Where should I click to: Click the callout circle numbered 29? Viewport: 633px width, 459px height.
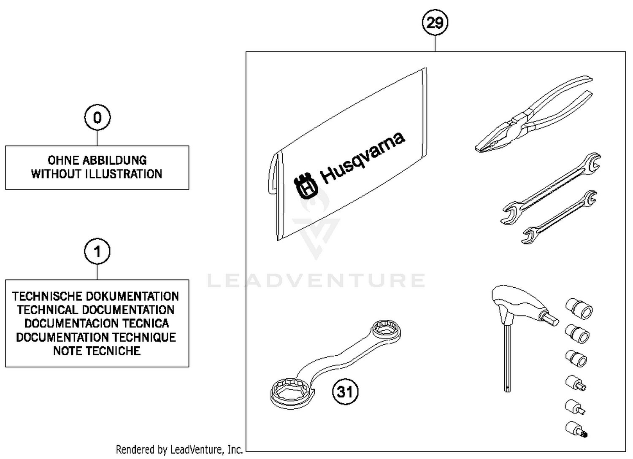point(435,22)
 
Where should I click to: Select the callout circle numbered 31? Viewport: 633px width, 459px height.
point(345,391)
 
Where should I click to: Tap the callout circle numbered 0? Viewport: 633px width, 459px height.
point(97,117)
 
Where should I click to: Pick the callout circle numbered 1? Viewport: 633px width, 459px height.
point(97,252)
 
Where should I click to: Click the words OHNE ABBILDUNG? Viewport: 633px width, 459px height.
point(97,160)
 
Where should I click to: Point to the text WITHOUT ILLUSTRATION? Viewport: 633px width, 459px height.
point(97,174)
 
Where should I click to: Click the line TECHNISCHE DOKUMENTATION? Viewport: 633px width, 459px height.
point(95,296)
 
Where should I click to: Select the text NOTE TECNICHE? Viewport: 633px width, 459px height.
point(97,351)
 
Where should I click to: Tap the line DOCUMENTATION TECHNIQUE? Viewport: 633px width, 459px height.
point(96,337)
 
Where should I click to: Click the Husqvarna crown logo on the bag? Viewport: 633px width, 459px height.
point(306,186)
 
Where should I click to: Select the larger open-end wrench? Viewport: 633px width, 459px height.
point(551,188)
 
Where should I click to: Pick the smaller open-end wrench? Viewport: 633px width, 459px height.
point(559,217)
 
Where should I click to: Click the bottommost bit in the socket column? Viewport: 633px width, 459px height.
point(576,429)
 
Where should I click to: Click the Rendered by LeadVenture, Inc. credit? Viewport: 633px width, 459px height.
point(179,450)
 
